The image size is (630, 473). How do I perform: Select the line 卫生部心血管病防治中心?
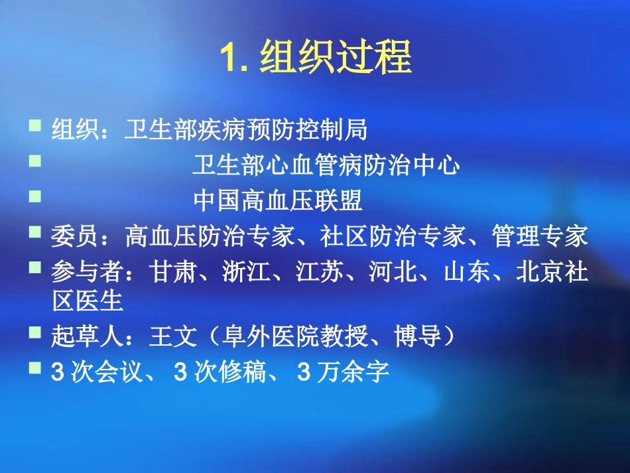326,165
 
